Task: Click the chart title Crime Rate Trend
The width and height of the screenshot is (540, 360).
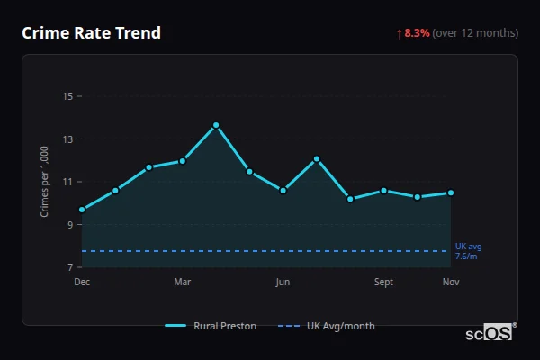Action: [x=91, y=33]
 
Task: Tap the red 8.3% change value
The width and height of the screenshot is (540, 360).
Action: [x=418, y=33]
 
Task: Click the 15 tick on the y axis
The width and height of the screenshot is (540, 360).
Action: [x=67, y=96]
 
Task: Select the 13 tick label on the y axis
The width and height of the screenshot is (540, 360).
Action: [x=67, y=139]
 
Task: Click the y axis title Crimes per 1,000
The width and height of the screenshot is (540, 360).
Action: [x=44, y=182]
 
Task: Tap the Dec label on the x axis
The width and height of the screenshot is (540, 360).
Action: [x=82, y=283]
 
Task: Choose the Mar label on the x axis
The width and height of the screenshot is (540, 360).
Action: [x=183, y=283]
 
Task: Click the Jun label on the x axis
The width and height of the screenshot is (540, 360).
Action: [x=283, y=283]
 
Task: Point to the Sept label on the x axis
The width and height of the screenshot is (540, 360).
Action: [x=383, y=283]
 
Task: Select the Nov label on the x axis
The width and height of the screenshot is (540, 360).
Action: [x=451, y=283]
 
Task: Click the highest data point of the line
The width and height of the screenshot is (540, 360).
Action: [x=216, y=125]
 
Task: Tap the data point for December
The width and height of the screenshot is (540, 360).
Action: [x=82, y=210]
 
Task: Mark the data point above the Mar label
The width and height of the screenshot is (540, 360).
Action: [x=183, y=161]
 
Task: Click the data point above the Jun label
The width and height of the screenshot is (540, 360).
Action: [x=283, y=191]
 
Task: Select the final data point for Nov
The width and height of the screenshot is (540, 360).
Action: [x=451, y=193]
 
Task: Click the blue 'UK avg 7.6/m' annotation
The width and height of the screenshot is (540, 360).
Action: [x=468, y=251]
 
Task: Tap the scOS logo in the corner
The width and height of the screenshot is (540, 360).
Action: [x=490, y=333]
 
